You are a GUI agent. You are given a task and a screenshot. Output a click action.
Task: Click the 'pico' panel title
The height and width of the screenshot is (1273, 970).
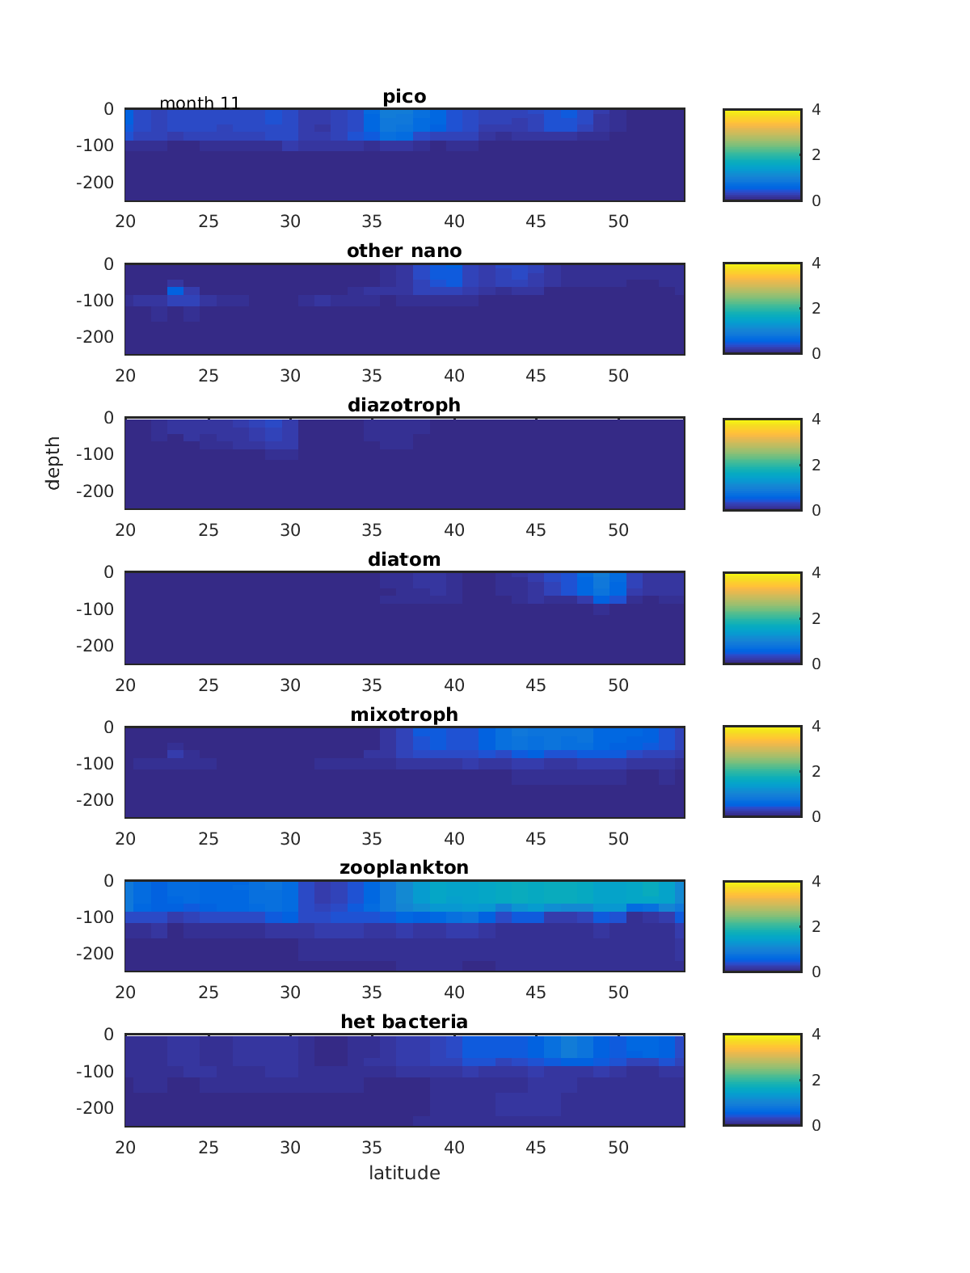404,97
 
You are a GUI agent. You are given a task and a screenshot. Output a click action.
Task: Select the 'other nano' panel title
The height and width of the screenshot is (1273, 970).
404,251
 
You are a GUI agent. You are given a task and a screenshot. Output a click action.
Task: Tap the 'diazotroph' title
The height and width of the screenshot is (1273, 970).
404,405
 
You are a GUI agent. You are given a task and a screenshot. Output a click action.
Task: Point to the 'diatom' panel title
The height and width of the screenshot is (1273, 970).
404,559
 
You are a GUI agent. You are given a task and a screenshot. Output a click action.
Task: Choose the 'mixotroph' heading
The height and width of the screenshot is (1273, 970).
404,714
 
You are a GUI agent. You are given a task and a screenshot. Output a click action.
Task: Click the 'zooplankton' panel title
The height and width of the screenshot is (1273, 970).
404,868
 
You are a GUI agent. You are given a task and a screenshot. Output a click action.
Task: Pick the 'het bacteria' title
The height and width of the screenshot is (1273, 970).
404,1022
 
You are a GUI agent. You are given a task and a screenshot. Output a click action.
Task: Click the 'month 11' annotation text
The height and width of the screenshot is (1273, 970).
200,103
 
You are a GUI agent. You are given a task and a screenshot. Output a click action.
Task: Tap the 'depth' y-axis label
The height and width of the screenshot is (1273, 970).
53,463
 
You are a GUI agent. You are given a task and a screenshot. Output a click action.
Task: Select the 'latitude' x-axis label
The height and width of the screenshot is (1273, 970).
404,1173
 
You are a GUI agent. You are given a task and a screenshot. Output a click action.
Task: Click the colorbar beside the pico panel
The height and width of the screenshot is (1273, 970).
762,154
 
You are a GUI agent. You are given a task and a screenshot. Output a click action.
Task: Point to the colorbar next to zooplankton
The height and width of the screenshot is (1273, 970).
762,926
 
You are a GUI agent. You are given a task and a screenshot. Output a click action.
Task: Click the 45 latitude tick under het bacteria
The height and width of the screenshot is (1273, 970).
536,1147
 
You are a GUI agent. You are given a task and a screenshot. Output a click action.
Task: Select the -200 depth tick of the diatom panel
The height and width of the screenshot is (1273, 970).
95,645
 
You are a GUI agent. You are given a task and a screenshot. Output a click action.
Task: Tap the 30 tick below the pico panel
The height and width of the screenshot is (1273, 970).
290,221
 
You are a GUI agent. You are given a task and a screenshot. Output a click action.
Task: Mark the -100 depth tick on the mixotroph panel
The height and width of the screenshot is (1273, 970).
95,763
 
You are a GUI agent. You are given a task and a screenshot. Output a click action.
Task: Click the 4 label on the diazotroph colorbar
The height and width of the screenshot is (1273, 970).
816,419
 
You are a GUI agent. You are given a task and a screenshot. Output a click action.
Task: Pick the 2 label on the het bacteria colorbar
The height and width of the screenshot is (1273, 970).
816,1080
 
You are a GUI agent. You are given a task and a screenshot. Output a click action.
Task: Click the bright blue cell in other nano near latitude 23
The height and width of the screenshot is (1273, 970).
175,291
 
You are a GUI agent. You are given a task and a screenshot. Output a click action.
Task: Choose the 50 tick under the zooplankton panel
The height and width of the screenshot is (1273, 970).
618,993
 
